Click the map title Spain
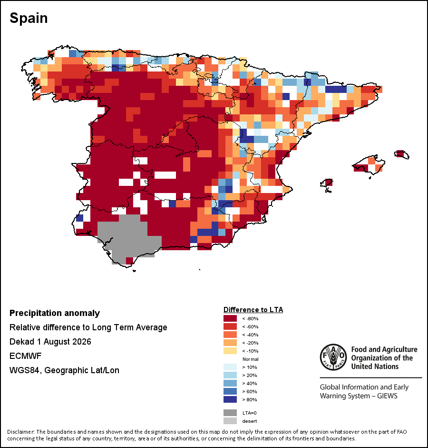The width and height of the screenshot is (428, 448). [x=29, y=18]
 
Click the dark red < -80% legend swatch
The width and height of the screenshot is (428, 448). [x=230, y=318]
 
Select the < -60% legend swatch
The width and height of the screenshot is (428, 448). [x=230, y=326]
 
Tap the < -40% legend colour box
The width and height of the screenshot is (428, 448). [x=230, y=335]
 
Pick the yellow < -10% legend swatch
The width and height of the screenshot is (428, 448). [x=230, y=351]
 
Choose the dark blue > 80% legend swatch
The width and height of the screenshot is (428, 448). [x=230, y=399]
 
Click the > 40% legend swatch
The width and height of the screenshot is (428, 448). [x=230, y=383]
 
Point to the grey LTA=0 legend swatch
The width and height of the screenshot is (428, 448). [x=230, y=413]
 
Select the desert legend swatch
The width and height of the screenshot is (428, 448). [x=230, y=421]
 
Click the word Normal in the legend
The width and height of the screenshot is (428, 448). [x=250, y=359]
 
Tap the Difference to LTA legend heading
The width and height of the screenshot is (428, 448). [x=253, y=310]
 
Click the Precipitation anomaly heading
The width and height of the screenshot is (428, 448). [x=55, y=313]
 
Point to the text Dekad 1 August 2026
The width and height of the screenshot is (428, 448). [x=50, y=342]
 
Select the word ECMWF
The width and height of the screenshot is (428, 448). [x=25, y=356]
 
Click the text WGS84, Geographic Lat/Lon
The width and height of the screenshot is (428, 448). [x=65, y=370]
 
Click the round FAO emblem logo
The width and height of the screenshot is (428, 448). [x=333, y=357]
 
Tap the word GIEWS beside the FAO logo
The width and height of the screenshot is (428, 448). [x=387, y=396]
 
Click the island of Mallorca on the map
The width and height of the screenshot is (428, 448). [x=369, y=165]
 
